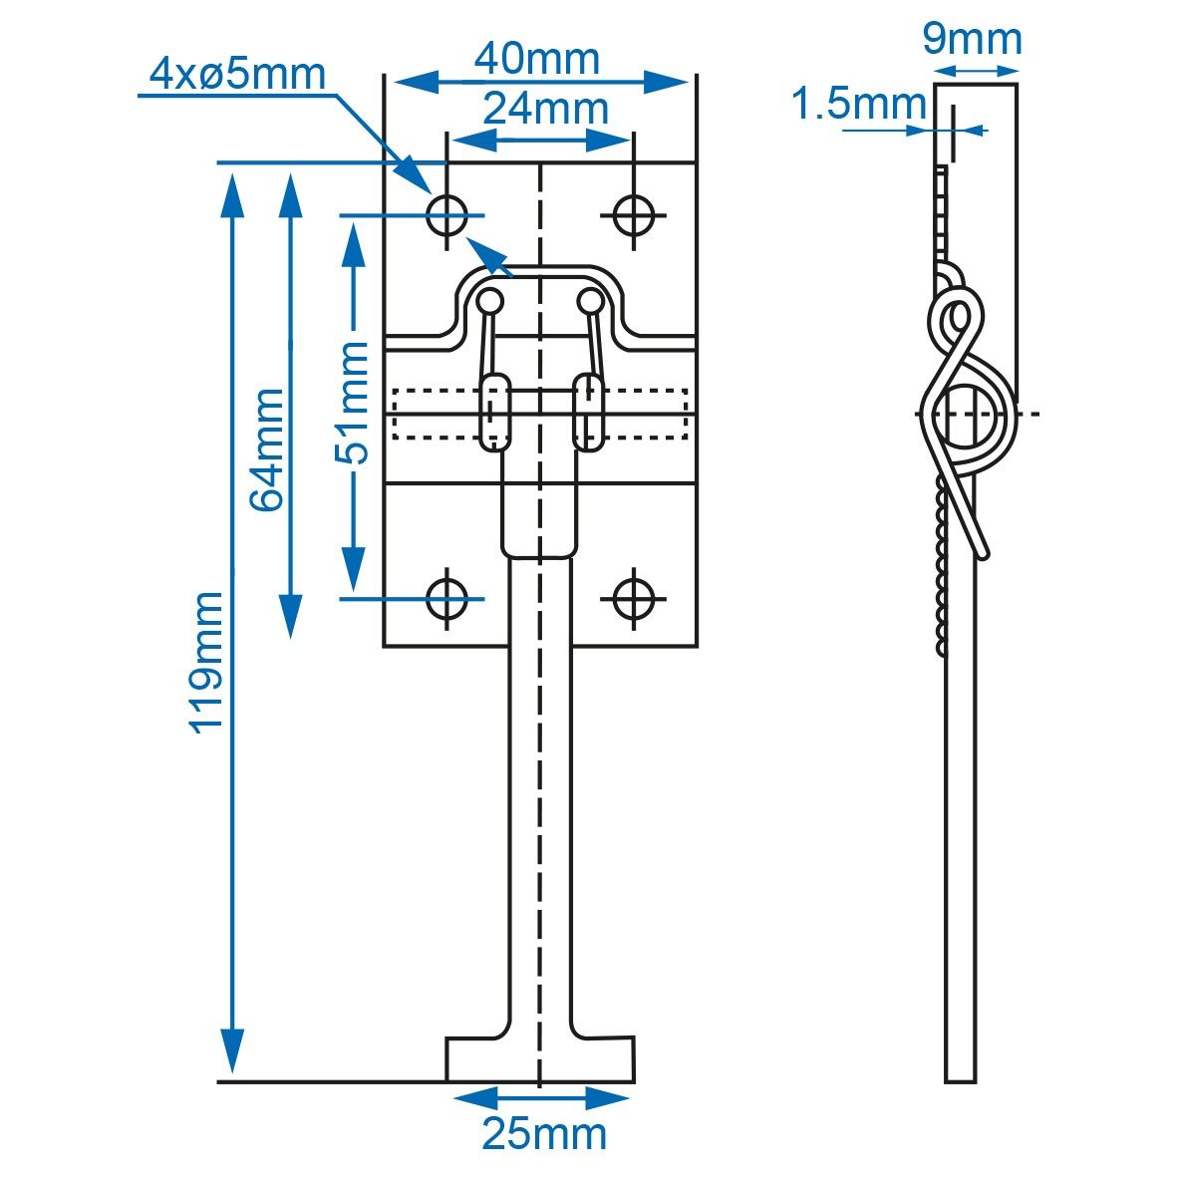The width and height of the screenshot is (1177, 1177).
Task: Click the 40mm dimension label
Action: pyautogui.click(x=537, y=59)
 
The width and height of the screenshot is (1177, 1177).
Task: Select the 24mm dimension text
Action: pyautogui.click(x=546, y=109)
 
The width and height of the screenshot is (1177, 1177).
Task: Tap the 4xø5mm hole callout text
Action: pyautogui.click(x=238, y=74)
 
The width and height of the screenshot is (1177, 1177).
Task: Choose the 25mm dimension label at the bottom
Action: pyautogui.click(x=545, y=1133)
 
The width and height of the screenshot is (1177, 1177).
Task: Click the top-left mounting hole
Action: pyautogui.click(x=447, y=215)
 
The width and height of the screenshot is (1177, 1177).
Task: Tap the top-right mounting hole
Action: pyautogui.click(x=634, y=215)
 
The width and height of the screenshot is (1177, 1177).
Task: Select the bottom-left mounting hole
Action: pyautogui.click(x=447, y=599)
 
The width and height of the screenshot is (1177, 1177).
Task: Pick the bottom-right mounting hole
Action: pyautogui.click(x=634, y=599)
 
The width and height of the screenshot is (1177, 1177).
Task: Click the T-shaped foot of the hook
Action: pyautogui.click(x=540, y=1059)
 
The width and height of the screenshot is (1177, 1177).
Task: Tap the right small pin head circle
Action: pyautogui.click(x=590, y=302)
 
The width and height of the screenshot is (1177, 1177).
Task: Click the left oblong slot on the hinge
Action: pyautogui.click(x=494, y=413)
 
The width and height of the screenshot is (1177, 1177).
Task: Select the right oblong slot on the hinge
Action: pyautogui.click(x=588, y=413)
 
